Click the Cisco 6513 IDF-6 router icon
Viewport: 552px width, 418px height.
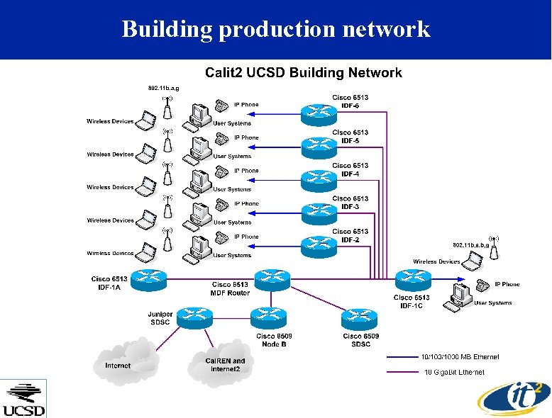[319, 115]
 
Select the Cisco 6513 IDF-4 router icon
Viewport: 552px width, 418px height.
[319, 181]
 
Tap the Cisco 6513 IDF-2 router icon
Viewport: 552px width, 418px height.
[319, 247]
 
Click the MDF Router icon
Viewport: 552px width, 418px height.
[272, 280]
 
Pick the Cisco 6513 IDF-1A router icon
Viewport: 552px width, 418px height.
[148, 280]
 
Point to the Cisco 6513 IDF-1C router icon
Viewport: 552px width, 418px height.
[414, 280]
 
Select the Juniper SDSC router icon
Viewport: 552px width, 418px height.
[194, 318]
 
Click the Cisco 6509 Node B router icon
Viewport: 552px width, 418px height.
[269, 318]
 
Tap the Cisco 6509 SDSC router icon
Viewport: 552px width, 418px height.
[360, 319]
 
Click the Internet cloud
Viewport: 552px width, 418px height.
[125, 362]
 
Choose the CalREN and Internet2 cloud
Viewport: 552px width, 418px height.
[221, 364]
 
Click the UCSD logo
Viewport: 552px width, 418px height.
[23, 399]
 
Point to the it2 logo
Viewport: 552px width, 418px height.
[514, 400]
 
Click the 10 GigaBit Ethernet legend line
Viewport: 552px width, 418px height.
[402, 372]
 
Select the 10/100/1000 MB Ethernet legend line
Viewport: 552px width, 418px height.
[402, 357]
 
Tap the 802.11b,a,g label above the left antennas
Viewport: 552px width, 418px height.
[163, 89]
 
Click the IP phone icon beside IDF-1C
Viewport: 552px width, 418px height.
[482, 285]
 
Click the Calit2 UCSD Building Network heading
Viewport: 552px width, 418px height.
[304, 73]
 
